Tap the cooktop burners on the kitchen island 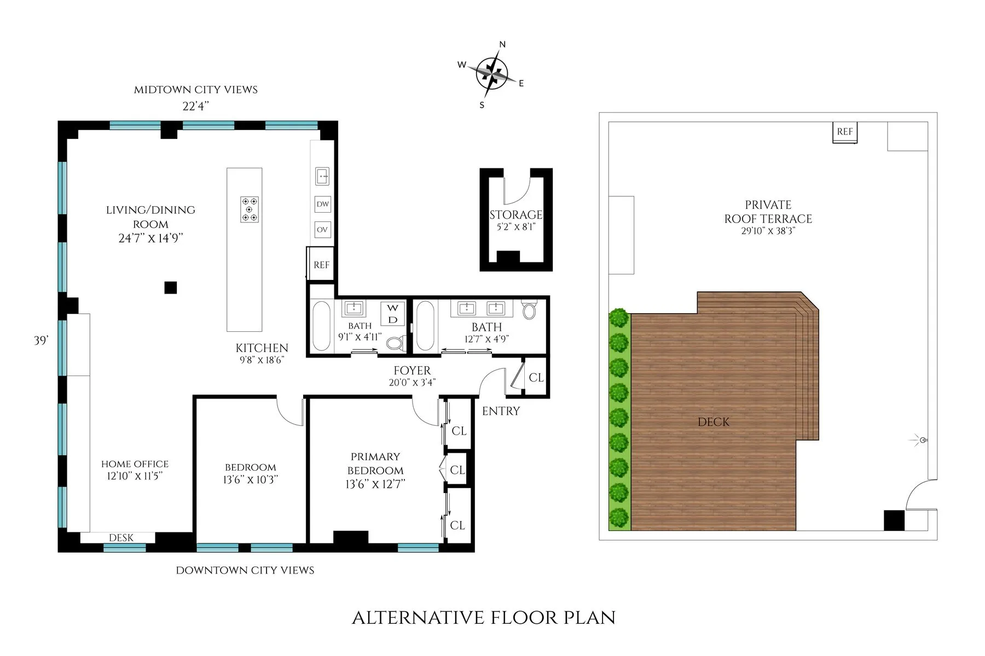coord(250,209)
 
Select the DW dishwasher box coord(322,204)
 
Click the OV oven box coord(322,230)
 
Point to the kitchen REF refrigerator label coord(321,265)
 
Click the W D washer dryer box coord(393,314)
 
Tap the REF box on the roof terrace coord(844,132)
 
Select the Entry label coord(501,411)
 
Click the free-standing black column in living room coord(171,287)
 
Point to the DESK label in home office coord(121,538)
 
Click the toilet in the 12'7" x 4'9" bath coord(529,310)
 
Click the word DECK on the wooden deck coord(714,422)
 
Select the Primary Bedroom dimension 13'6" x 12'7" coord(375,484)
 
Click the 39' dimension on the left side coord(41,341)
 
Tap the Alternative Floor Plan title coord(484,618)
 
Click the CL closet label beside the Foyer coord(536,378)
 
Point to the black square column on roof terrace coord(894,520)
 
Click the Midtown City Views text coord(196,90)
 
